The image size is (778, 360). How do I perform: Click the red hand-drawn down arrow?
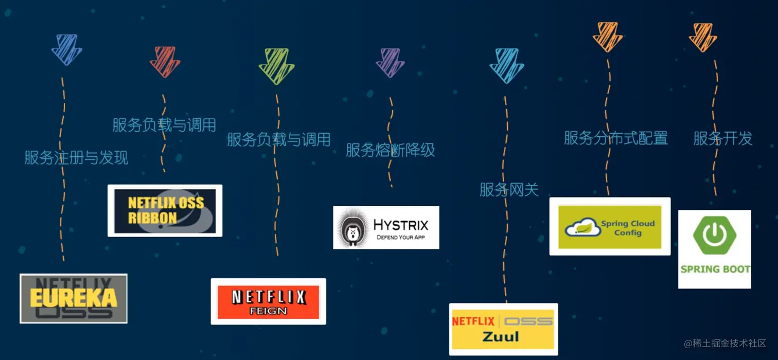coord(165,61)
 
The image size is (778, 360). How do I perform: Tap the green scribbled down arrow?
coord(276,65)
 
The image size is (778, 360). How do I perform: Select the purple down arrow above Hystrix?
coord(391,62)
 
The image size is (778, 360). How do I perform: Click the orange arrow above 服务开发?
coord(703,37)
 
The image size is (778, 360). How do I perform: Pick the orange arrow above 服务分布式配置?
coord(608,37)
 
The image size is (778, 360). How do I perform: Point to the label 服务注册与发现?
coord(76,157)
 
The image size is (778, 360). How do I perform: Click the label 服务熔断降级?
coord(391,150)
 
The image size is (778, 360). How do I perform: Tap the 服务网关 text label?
coord(509,190)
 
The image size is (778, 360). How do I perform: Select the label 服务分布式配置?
coord(616,138)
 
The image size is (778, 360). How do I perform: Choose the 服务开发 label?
coord(723,138)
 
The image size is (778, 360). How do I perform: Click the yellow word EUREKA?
coord(73,298)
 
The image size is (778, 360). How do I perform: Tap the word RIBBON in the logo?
coord(152,218)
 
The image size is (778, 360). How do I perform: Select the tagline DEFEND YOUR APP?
coord(401,238)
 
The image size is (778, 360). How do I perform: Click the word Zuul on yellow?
coord(501,337)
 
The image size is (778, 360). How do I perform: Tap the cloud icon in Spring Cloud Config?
coord(582,227)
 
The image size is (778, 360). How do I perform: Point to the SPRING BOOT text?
coord(715,269)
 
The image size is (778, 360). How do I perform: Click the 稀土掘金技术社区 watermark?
coord(725,343)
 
